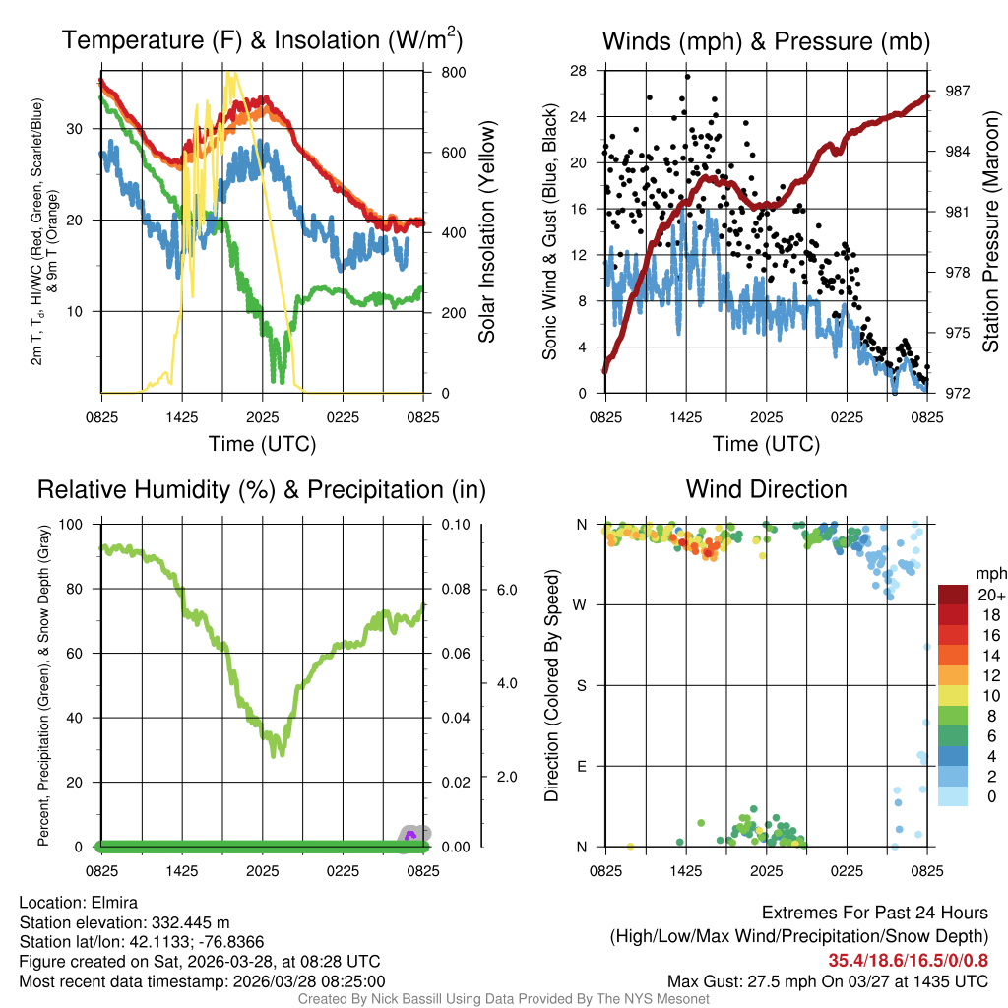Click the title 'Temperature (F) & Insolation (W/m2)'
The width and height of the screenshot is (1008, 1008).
coord(262,40)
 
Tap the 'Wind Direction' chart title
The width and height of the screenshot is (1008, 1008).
coord(766,489)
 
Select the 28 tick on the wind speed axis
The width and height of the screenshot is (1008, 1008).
coord(579,70)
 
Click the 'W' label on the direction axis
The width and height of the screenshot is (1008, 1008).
coord(581,604)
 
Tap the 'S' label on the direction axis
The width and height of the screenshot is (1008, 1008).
coord(581,685)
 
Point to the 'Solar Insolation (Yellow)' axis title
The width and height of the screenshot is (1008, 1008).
coord(487,232)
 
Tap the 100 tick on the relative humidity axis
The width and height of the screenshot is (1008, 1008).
coord(83,524)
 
